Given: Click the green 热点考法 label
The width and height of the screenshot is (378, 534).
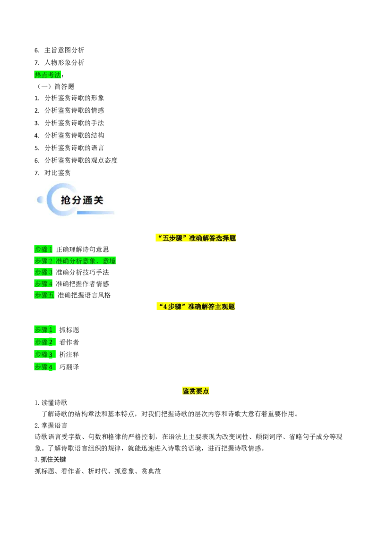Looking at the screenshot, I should (x=48, y=75).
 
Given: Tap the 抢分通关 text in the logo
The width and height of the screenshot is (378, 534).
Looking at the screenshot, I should (x=82, y=200).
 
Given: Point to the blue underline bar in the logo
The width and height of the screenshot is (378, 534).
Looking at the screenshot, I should (x=95, y=213).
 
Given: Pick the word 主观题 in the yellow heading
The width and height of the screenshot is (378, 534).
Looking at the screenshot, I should (x=225, y=307).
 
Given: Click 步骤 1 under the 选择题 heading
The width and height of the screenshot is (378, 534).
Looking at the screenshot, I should (x=43, y=249).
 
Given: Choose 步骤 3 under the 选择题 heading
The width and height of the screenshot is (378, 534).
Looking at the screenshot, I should (x=43, y=272).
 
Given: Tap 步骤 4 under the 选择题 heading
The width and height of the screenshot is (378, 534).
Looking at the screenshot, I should (x=43, y=284).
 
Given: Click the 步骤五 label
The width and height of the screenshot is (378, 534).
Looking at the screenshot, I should (x=45, y=295).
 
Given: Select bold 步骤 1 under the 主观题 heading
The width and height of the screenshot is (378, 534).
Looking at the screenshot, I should (x=45, y=330).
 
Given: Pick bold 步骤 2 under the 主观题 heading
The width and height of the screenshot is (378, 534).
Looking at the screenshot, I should (x=45, y=342).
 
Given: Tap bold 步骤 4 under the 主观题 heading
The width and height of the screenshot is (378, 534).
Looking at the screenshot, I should (x=45, y=367).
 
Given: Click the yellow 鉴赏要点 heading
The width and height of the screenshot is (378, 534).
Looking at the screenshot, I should (x=196, y=391).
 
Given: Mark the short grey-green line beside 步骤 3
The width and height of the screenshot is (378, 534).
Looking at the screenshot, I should (x=60, y=277).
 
